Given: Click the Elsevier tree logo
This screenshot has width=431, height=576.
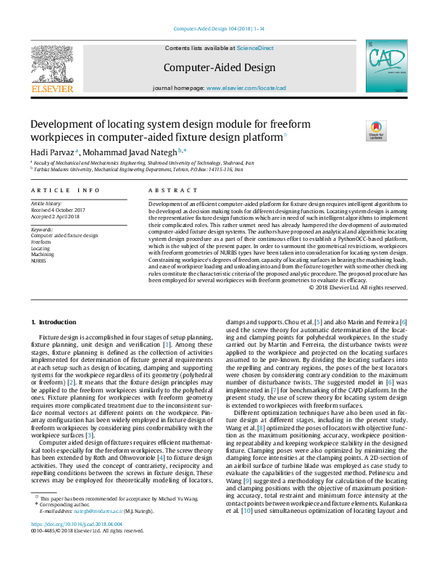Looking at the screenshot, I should (x=51, y=63).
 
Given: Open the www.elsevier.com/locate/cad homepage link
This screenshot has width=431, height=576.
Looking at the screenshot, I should (x=246, y=88).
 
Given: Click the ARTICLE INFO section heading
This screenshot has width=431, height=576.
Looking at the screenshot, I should (x=65, y=190).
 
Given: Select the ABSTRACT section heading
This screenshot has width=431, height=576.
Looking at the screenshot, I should (x=163, y=190).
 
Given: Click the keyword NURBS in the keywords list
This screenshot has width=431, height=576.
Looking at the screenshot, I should (x=38, y=259).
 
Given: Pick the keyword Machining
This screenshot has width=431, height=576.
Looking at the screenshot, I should (x=43, y=253).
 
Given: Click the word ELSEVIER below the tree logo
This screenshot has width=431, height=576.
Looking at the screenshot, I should (x=51, y=89).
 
